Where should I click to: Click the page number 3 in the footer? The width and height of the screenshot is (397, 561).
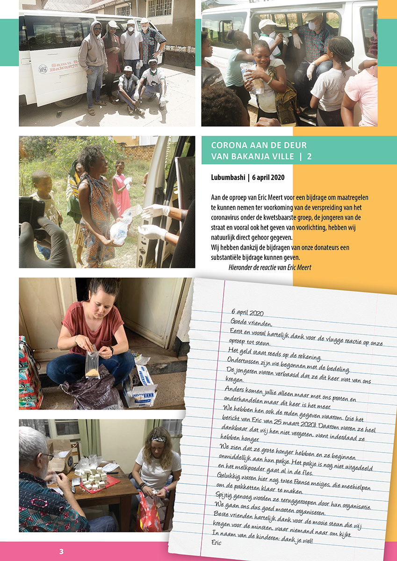[x=61, y=551]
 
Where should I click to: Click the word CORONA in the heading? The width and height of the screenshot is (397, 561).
[x=227, y=145]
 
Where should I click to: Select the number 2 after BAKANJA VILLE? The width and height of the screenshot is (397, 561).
[x=310, y=157]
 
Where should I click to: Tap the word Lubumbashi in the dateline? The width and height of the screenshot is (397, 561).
[x=228, y=177]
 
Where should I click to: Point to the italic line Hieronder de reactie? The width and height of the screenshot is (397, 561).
[x=270, y=267]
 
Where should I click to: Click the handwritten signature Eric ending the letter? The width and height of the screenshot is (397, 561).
[x=217, y=542]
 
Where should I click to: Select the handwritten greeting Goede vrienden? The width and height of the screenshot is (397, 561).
[x=251, y=322]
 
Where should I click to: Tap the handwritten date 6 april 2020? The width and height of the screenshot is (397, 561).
[x=247, y=312]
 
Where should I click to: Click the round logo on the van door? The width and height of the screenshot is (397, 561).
[x=43, y=69]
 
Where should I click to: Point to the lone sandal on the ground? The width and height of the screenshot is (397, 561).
[x=59, y=115]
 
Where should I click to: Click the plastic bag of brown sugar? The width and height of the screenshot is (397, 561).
[x=92, y=362]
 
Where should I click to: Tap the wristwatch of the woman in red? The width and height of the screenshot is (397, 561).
[x=111, y=350]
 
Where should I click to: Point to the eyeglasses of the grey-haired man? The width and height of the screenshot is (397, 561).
[x=48, y=456]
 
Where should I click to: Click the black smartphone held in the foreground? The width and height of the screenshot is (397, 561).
[x=32, y=214]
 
